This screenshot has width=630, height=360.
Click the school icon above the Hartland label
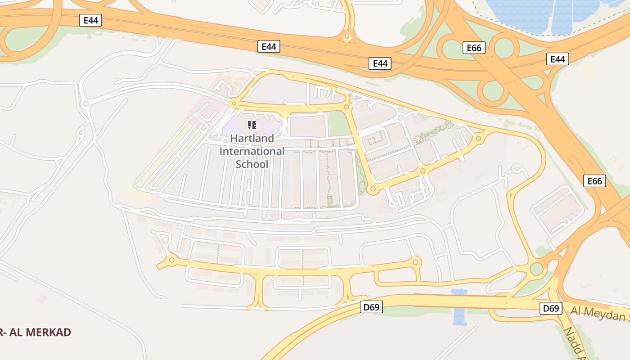[252, 125]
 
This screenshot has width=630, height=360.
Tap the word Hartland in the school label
[252, 139]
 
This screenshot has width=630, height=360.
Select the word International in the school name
[252, 151]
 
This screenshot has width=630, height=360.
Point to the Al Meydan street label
[600, 313]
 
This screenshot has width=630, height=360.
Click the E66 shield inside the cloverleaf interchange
[474, 48]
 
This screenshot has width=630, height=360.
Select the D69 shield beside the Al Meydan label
[551, 308]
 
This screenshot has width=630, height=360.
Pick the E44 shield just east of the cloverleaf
[558, 59]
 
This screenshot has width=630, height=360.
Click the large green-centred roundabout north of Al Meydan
[536, 269]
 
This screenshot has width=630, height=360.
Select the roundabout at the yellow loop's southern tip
[372, 190]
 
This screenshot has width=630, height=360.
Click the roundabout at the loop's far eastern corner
[478, 139]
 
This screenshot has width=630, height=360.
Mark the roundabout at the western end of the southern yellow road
[171, 260]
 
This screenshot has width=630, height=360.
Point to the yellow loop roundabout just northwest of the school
[234, 104]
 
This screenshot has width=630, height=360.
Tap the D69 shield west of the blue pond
[372, 307]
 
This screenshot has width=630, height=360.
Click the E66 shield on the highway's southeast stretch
[594, 181]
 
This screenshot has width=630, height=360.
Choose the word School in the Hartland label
[252, 164]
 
